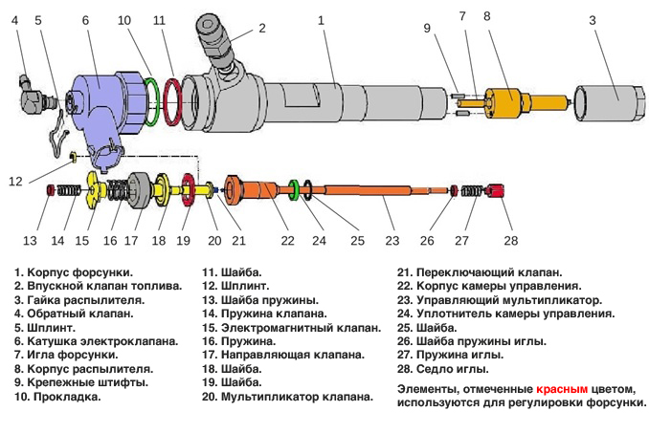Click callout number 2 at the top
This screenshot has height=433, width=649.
[x=261, y=28]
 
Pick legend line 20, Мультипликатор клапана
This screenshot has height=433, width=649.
[x=287, y=395]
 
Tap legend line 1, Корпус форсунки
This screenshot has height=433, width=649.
[x=73, y=271]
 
